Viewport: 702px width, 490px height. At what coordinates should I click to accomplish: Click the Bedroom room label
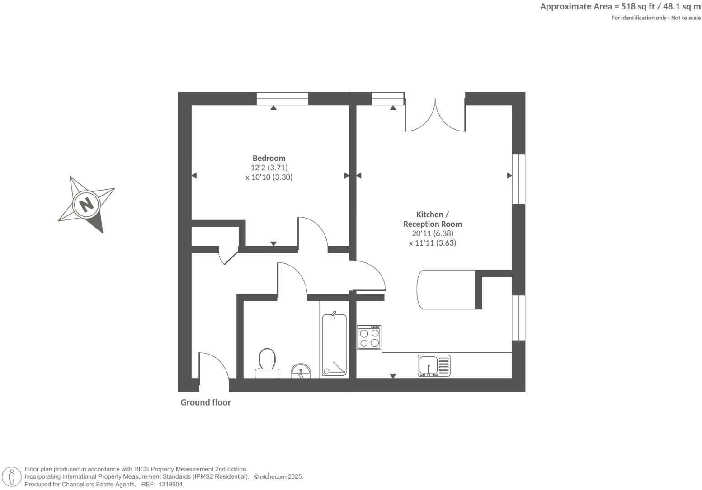[269, 158]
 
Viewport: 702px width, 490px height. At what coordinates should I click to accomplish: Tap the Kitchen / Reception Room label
[432, 219]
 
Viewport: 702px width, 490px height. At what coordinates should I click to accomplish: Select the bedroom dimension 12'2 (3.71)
[269, 168]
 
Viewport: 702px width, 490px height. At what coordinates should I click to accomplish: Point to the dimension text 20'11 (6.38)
[432, 233]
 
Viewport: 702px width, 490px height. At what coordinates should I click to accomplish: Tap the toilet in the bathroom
[267, 363]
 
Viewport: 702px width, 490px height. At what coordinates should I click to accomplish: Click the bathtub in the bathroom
[334, 345]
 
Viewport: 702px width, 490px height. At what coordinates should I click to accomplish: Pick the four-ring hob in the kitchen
[369, 337]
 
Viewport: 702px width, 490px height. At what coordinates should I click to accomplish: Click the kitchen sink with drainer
[434, 366]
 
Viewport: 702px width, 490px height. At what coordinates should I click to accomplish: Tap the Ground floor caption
[206, 402]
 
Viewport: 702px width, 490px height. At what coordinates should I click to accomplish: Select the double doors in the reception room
[435, 117]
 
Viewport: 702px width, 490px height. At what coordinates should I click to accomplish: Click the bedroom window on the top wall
[282, 98]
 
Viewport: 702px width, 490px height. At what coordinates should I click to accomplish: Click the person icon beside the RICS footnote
[12, 477]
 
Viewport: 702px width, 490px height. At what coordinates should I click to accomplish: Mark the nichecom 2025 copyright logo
[278, 476]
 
